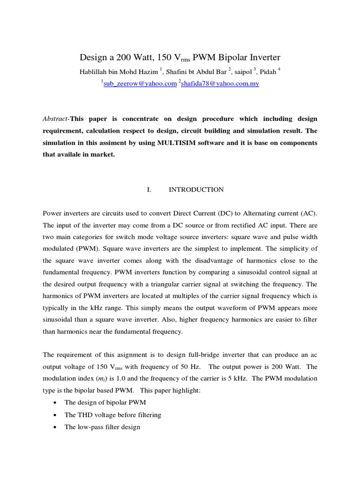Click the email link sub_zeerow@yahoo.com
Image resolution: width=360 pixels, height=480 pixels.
click(139, 83)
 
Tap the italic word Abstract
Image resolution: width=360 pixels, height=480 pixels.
click(55, 119)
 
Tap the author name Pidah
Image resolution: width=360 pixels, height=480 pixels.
click(268, 71)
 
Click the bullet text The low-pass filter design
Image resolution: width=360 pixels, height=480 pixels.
click(102, 427)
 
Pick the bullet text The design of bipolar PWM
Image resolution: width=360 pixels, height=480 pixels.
click(99, 402)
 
